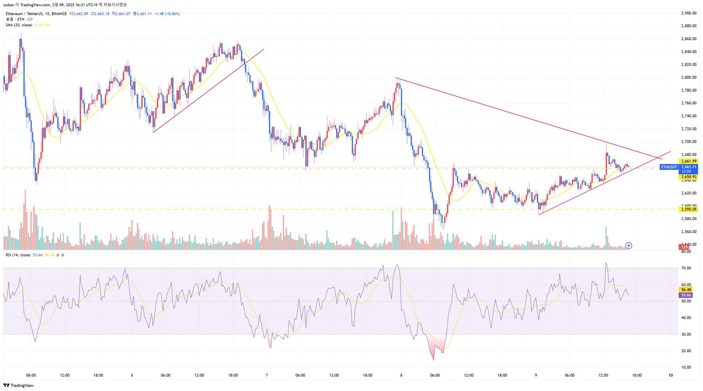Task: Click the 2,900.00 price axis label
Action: click(x=688, y=13)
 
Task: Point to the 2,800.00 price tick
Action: click(x=688, y=77)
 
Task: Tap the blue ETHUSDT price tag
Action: click(x=669, y=167)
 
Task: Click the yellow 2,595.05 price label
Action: click(x=688, y=209)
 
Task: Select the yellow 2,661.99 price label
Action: click(x=688, y=161)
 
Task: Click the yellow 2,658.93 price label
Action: click(x=688, y=177)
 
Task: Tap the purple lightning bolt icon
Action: click(x=629, y=246)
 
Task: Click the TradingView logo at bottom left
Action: click(x=18, y=385)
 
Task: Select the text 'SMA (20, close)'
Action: click(x=19, y=25)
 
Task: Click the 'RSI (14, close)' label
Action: click(x=18, y=255)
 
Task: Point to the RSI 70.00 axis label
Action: click(x=686, y=268)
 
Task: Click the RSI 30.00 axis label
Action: click(x=686, y=334)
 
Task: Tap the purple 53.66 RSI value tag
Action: click(x=686, y=295)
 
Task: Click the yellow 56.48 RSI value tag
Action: click(x=686, y=290)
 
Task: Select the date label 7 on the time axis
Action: click(x=267, y=375)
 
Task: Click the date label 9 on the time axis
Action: click(x=536, y=375)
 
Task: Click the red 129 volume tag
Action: click(x=684, y=247)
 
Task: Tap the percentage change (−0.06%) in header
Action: click(x=172, y=14)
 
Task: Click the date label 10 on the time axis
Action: click(x=670, y=375)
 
